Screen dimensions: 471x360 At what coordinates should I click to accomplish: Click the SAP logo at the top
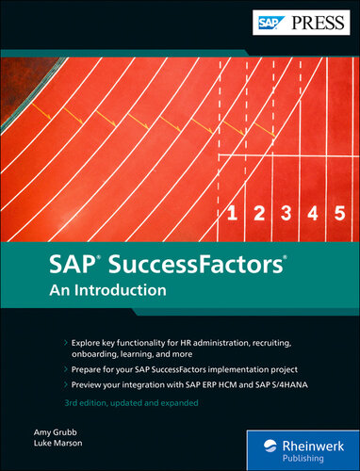pos(270,18)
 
